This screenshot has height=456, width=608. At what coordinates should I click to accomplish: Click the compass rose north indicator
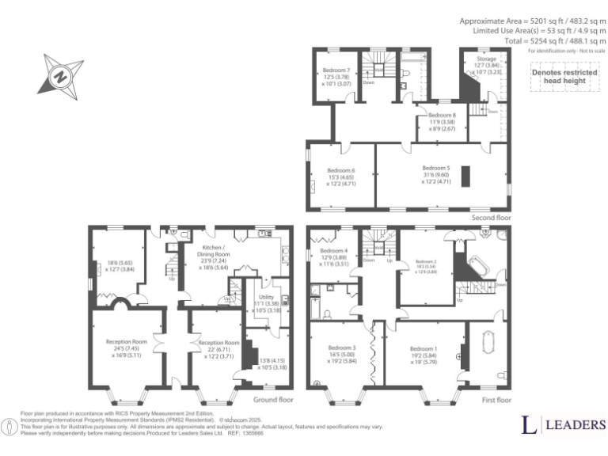pos(60,77)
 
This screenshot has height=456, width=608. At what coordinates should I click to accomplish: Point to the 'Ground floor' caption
pos(273,400)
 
